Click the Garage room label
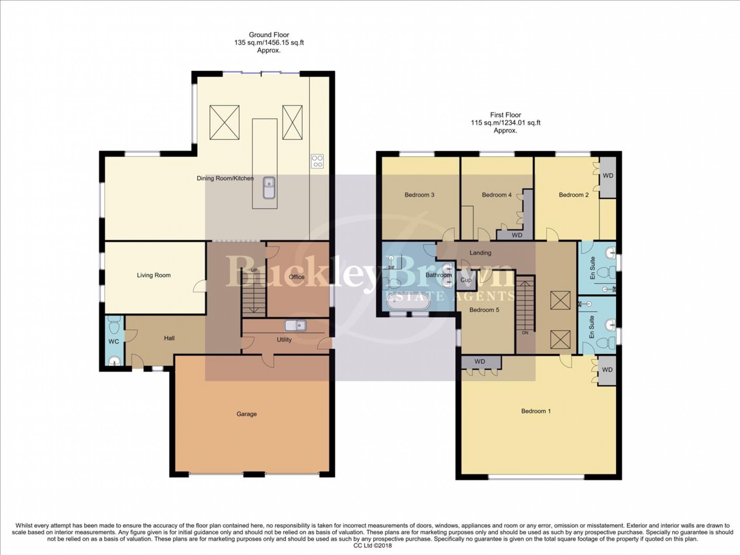247,414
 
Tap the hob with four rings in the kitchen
317,161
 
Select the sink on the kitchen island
269,187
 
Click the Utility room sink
295,325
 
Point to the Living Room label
153,275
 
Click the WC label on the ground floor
114,342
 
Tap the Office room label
296,277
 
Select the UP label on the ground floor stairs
254,270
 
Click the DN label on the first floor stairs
525,333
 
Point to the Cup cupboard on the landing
466,280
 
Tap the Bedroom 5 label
484,310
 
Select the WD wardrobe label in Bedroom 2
608,176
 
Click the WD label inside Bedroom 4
516,235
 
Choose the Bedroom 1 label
536,411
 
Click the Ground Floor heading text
269,35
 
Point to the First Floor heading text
506,115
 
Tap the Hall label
169,338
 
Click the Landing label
480,253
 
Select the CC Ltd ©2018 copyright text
372,546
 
